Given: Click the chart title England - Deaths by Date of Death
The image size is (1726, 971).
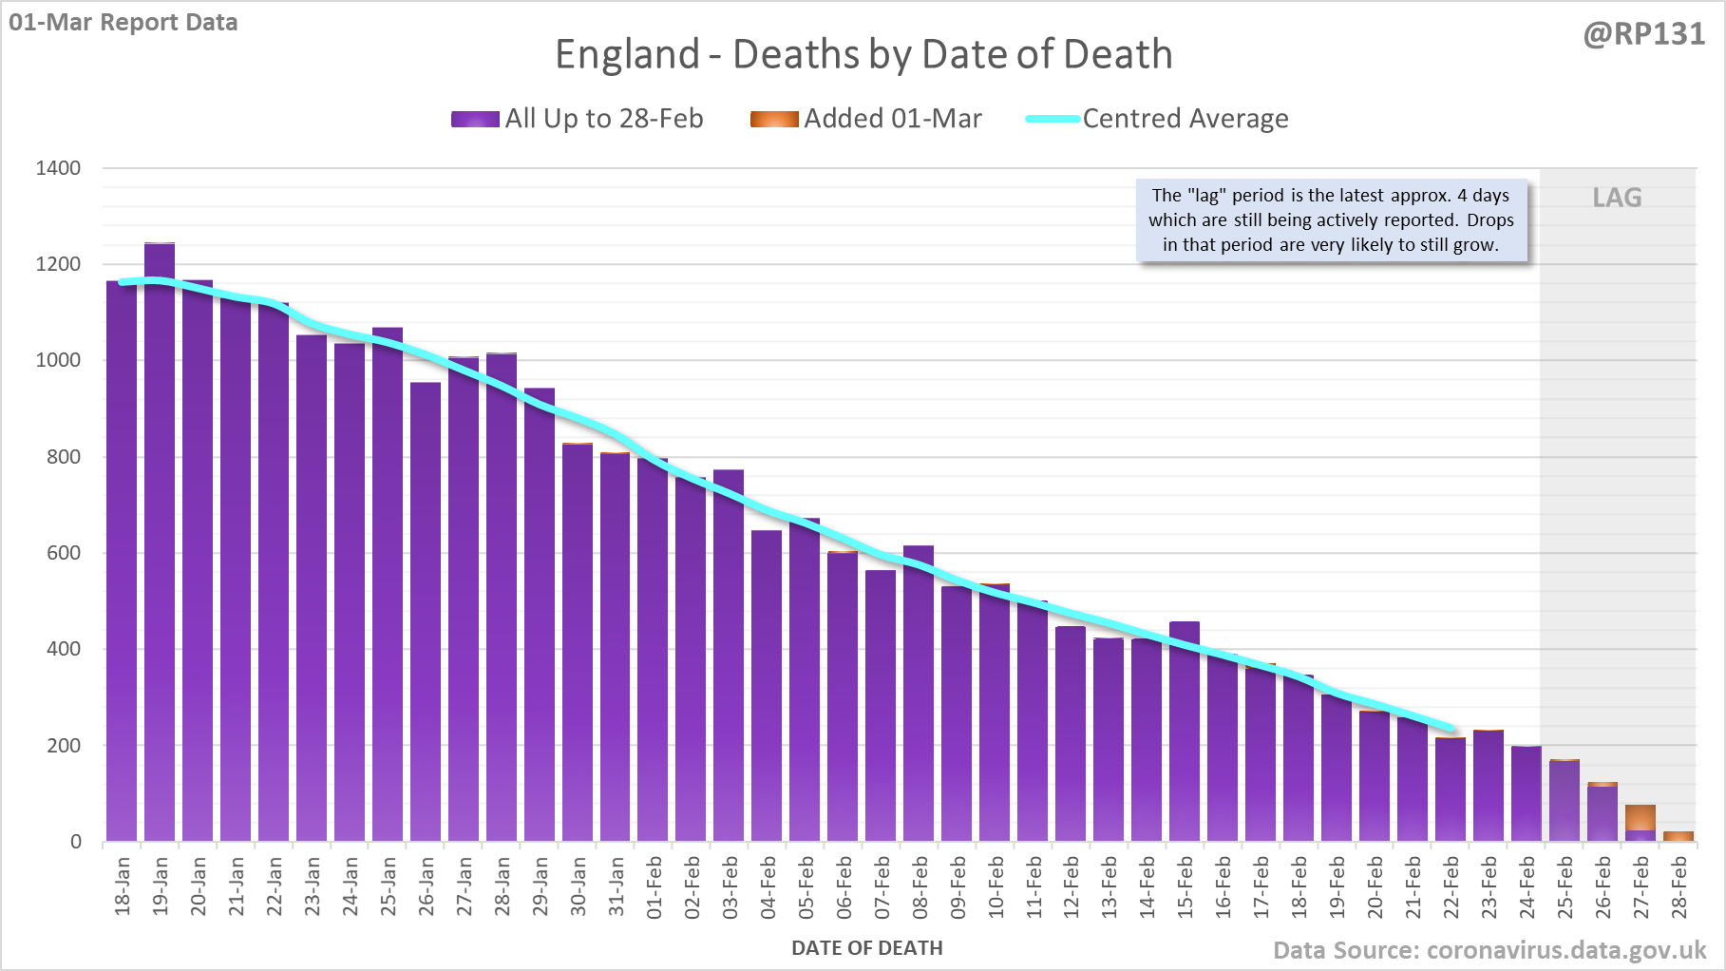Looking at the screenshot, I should [863, 54].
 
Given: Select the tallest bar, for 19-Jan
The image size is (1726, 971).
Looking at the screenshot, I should [160, 542].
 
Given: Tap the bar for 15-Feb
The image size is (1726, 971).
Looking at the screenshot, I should [1185, 732].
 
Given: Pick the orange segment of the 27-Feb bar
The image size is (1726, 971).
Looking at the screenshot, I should [1641, 817].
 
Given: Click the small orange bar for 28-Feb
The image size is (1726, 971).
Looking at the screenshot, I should [1679, 836].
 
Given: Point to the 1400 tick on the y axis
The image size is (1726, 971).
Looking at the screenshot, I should [58, 168].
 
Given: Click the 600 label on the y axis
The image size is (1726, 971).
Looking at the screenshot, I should [64, 553].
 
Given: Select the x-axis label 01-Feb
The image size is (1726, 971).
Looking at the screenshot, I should [654, 887].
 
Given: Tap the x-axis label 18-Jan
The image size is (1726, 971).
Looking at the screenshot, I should [123, 887].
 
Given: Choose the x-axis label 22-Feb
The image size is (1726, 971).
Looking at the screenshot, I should [1451, 887].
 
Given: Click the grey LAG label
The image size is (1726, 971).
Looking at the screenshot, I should [1617, 198].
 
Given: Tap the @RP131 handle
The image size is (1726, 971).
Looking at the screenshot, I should [1643, 34].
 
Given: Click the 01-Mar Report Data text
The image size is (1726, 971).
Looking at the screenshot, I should [123, 22].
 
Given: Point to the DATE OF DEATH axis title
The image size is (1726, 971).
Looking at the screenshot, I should [866, 948].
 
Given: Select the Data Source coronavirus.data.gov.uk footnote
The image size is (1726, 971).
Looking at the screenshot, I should [1489, 950].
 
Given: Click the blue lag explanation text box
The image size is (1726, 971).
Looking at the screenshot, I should [1331, 220].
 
